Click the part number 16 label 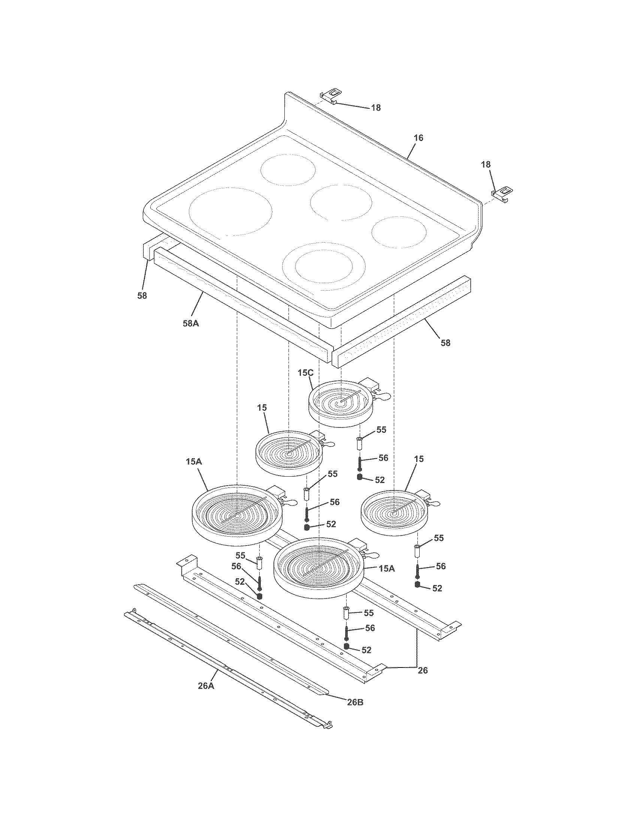click(419, 138)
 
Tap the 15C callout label click(305, 373)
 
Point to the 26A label click(206, 685)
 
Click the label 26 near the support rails click(423, 670)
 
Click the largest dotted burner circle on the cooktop click(230, 212)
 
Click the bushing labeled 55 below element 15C click(360, 443)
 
